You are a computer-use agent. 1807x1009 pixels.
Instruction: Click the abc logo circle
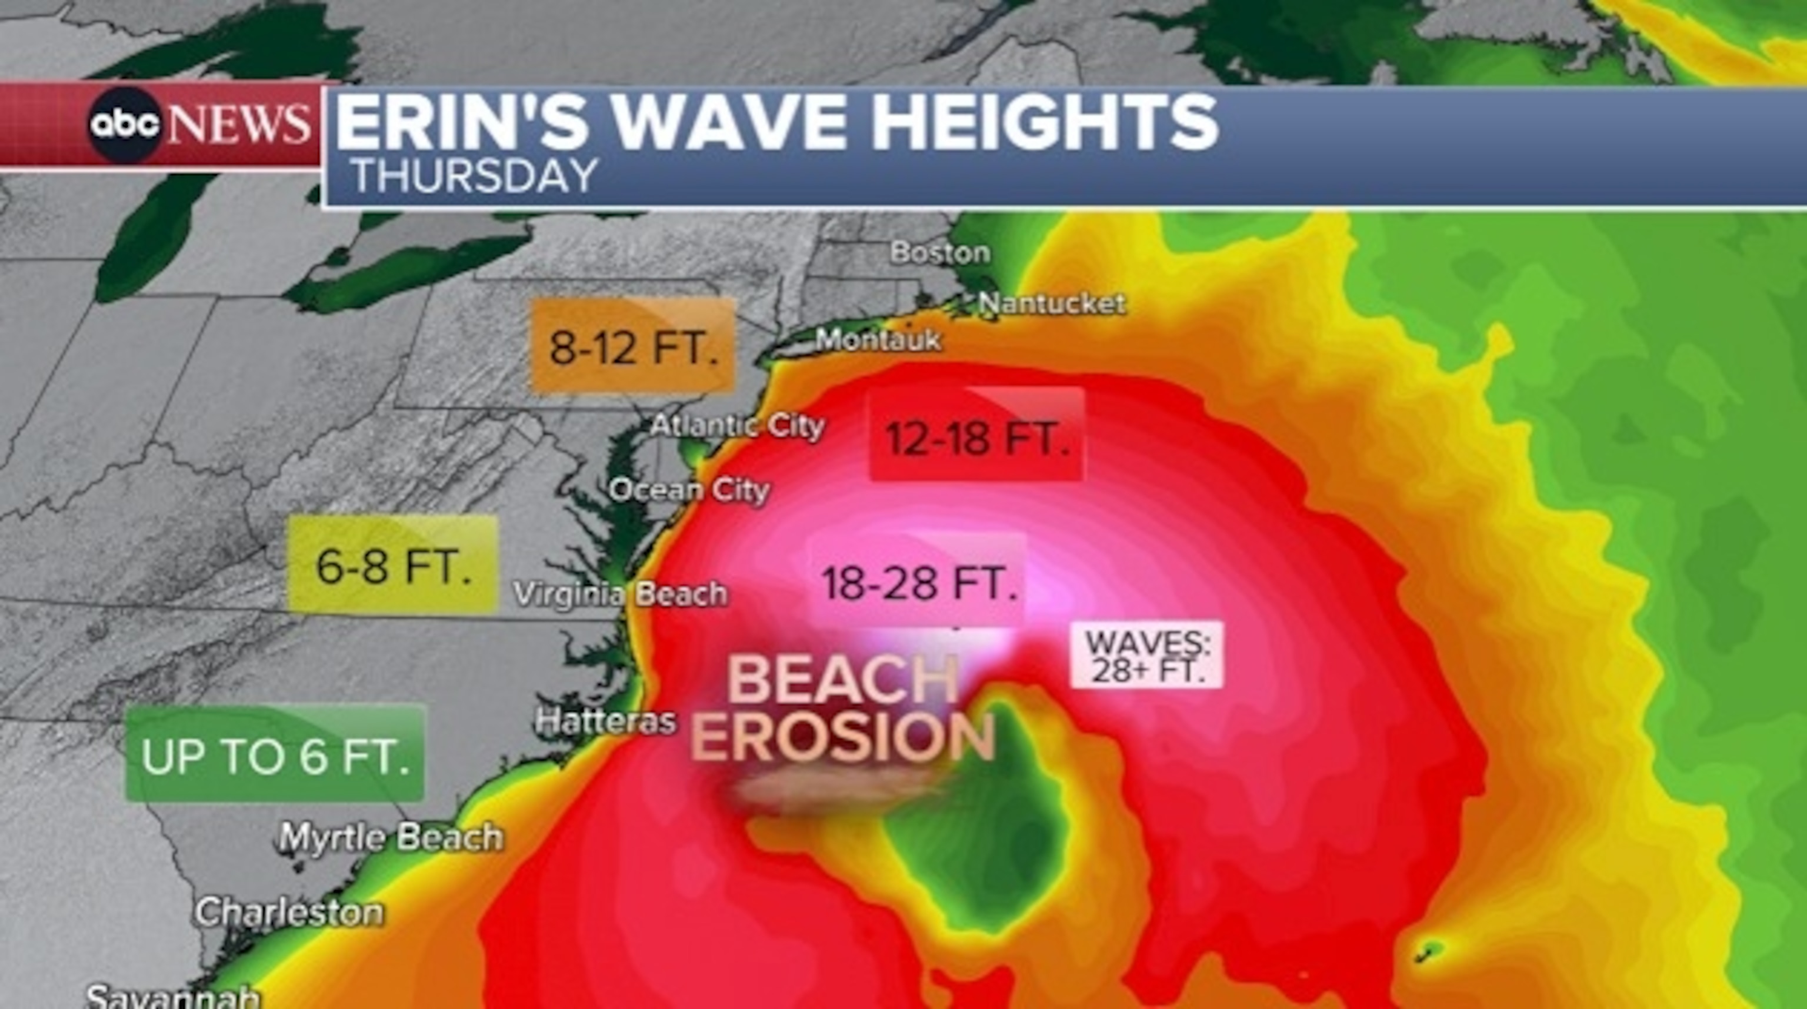(x=125, y=125)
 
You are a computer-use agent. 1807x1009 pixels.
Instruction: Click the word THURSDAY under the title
(x=474, y=175)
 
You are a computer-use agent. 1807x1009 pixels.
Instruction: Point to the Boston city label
(x=940, y=252)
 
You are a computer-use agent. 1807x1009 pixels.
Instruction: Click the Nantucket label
(x=1052, y=303)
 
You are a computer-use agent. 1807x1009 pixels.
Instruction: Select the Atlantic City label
(x=736, y=426)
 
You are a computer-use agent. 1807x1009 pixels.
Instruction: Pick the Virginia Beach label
(x=620, y=594)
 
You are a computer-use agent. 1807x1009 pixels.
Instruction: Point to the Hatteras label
(x=605, y=721)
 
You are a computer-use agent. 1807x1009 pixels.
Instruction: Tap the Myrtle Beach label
(x=391, y=837)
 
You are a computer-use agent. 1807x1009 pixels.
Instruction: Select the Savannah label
(x=172, y=997)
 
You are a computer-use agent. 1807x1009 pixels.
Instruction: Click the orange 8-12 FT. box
(x=633, y=346)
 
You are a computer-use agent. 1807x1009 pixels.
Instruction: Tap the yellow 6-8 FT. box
(x=394, y=564)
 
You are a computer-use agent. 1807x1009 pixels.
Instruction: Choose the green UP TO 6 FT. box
(x=275, y=754)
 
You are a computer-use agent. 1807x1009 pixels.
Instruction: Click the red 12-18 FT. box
(x=976, y=436)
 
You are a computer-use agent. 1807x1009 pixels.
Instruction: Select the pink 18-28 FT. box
(x=919, y=582)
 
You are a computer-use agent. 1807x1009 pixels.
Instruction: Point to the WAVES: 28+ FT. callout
(x=1146, y=655)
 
